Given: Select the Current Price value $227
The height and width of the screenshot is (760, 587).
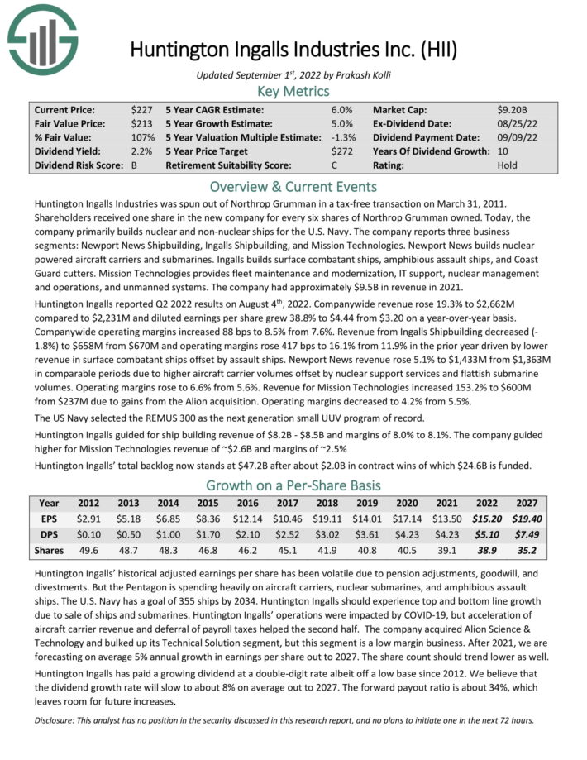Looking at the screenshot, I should point(141,109).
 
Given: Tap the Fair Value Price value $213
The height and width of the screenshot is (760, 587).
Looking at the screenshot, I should point(141,123).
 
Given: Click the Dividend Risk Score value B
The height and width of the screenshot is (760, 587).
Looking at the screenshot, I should point(135,165).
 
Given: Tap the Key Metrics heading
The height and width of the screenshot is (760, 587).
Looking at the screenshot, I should point(293,91).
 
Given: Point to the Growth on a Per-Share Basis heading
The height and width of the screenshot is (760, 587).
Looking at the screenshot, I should point(293,485).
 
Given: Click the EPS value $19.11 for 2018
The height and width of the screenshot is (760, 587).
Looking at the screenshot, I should point(341,519).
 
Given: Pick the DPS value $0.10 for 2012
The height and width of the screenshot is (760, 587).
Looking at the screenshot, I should point(89,536).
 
